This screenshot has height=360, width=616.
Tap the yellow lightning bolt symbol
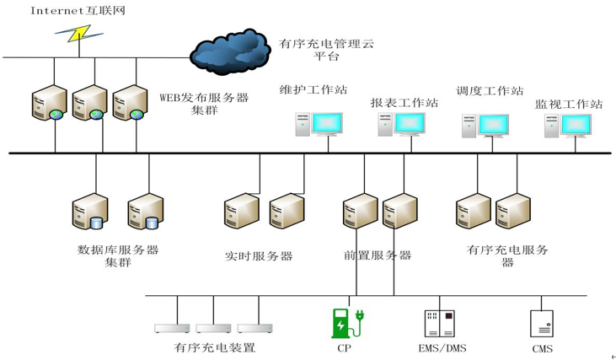tap(78, 33)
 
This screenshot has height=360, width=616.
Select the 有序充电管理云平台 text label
tap(326, 49)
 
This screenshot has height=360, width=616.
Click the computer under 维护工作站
tap(320, 123)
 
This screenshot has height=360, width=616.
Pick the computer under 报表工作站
tap(401, 124)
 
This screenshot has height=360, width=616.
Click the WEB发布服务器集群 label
tap(204, 103)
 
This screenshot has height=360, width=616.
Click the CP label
tap(344, 347)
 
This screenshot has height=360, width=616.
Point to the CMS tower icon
tap(541, 324)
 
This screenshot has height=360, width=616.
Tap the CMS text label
tap(543, 348)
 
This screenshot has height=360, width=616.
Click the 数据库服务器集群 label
tap(118, 255)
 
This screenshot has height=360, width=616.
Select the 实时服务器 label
tap(259, 255)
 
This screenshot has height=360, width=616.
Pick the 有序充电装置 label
tap(215, 347)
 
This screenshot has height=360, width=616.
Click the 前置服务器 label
tap(378, 255)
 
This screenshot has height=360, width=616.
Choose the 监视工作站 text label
tap(569, 105)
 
